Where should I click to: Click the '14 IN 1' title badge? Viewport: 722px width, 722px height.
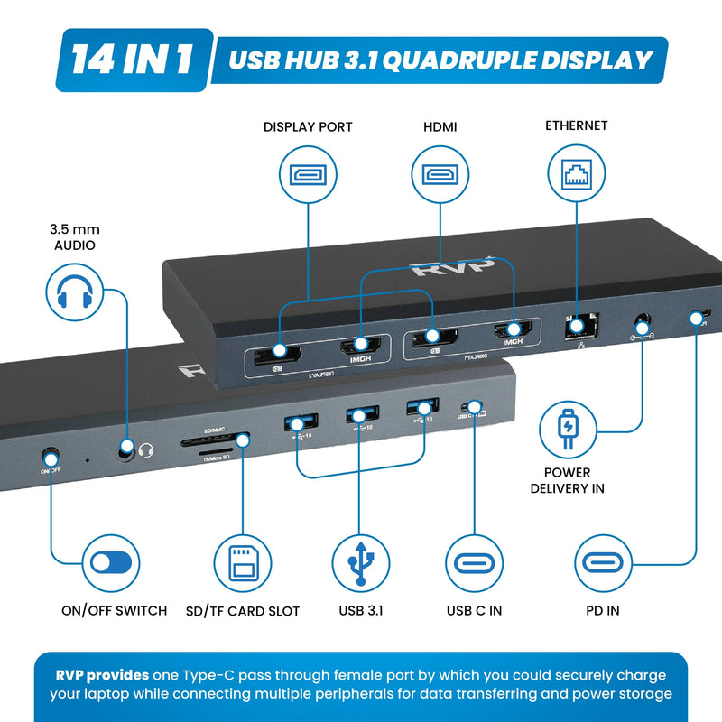pyautogui.click(x=134, y=60)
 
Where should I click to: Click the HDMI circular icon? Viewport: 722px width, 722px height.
pyautogui.click(x=440, y=176)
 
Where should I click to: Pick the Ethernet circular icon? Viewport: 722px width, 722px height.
pyautogui.click(x=576, y=176)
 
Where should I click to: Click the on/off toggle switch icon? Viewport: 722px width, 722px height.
pyautogui.click(x=111, y=563)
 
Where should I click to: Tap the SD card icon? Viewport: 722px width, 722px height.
pyautogui.click(x=242, y=563)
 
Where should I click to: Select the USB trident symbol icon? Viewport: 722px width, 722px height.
pyautogui.click(x=360, y=563)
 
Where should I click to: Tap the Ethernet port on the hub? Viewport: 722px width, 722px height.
pyautogui.click(x=576, y=324)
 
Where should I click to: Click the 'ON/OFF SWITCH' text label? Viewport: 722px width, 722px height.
pyautogui.click(x=114, y=611)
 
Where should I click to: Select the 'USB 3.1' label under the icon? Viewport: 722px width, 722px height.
pyautogui.click(x=361, y=611)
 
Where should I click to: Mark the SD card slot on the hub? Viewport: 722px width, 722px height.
pyautogui.click(x=215, y=442)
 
